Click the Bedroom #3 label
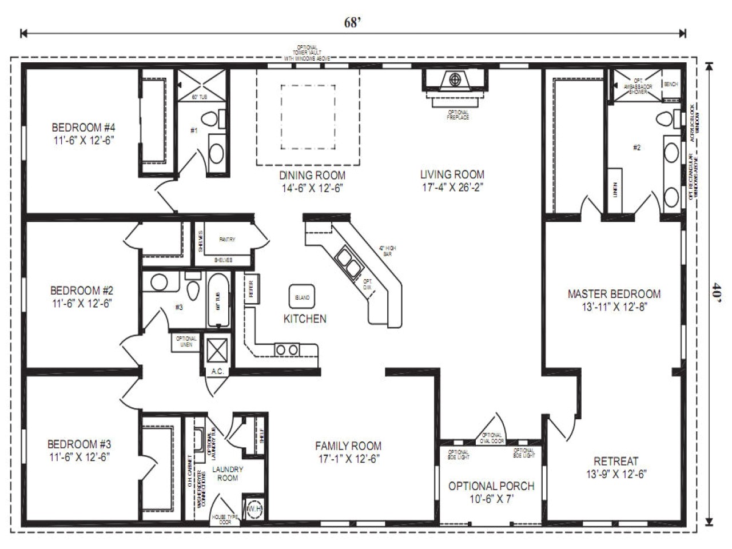pos(79,444)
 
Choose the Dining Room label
pos(312,175)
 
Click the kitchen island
pos(302,297)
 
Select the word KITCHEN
pos(305,319)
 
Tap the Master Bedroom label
pos(614,294)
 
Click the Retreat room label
pos(616,461)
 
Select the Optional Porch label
pos(491,486)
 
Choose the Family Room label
pos(348,446)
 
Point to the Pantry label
pos(227,240)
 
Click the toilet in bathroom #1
pos(213,120)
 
